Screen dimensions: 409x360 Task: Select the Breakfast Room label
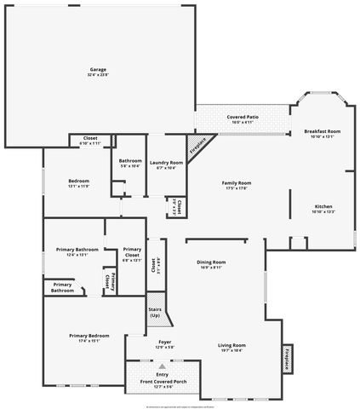tap(322, 131)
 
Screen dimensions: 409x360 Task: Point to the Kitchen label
tap(323, 207)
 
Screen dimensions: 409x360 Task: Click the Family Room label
tap(237, 183)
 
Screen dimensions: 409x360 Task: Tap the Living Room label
tap(231, 344)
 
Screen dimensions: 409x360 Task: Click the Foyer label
tap(165, 342)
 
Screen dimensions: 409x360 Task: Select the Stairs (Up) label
tap(155, 312)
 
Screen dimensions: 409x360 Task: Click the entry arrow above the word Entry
tap(162, 366)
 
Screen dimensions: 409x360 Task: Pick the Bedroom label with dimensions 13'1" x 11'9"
tap(78, 181)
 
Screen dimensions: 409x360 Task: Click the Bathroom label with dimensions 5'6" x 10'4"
tap(130, 161)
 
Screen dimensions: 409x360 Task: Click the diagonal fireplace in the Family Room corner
tap(197, 146)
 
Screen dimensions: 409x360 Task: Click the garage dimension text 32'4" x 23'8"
tap(98, 74)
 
